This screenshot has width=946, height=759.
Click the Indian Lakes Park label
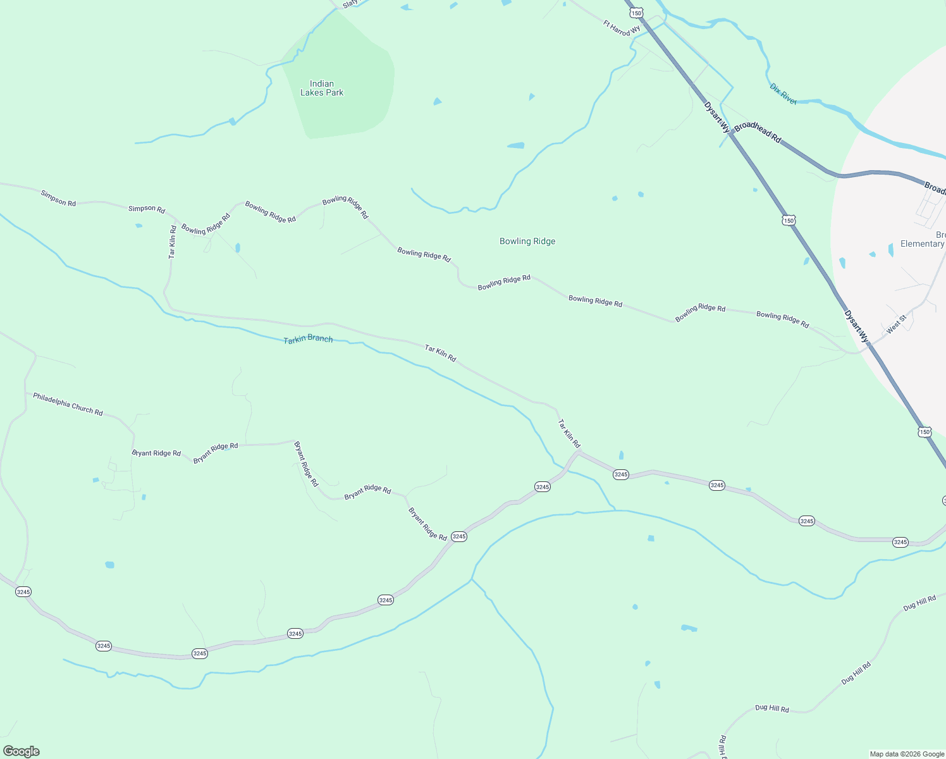tap(322, 88)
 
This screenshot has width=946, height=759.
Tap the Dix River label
tap(783, 94)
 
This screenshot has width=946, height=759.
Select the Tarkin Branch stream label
tap(308, 339)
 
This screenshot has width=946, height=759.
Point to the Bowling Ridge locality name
tap(527, 241)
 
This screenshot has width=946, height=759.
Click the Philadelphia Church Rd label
tap(68, 404)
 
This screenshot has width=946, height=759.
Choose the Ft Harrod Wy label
tap(622, 28)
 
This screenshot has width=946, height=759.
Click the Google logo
tap(21, 751)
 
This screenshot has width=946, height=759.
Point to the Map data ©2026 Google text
tap(907, 754)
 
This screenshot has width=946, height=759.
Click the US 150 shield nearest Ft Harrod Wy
tap(636, 13)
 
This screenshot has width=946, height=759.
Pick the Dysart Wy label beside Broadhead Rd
tap(717, 118)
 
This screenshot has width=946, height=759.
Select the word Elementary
tap(922, 244)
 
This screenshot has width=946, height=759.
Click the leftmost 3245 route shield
tap(23, 592)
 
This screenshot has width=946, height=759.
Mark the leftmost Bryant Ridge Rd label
tap(156, 454)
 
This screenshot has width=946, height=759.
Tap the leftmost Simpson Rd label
tap(58, 198)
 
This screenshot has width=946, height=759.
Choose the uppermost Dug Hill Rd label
tap(919, 603)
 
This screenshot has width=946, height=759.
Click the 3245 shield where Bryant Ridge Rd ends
tap(459, 536)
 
